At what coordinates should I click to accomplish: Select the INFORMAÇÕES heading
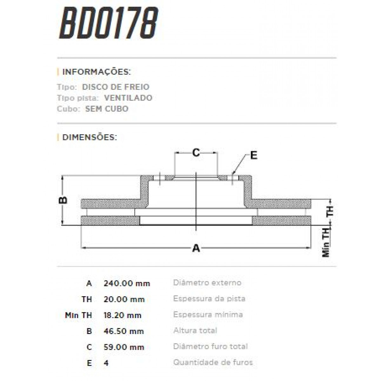coord(96,71)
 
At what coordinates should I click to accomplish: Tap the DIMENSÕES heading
coord(90,137)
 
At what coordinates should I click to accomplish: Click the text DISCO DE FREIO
coord(116,87)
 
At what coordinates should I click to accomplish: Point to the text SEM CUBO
coord(107,109)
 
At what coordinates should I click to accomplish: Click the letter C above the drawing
coord(196,153)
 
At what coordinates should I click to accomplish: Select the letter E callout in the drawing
coord(253,155)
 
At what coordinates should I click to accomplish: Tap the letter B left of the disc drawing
coord(63,200)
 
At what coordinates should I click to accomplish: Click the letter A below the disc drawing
coord(196,248)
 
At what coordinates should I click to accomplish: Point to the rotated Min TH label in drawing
coord(326,243)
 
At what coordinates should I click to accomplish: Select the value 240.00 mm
coord(127,283)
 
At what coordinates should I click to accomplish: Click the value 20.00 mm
coord(124,299)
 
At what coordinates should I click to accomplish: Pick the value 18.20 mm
coord(123,315)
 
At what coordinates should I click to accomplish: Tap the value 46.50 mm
coord(124,331)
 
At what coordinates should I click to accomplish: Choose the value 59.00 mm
coord(124,347)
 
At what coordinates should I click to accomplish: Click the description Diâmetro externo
coord(207,283)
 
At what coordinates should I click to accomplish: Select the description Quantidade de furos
coord(213,362)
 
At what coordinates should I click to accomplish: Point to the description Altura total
coord(195,331)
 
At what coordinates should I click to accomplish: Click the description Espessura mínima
coord(208,315)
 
